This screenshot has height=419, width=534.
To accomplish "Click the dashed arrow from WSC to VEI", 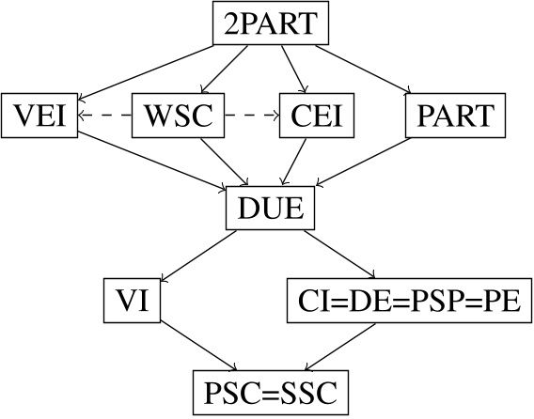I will [104, 116].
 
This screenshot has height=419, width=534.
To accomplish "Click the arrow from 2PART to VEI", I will [150, 69].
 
